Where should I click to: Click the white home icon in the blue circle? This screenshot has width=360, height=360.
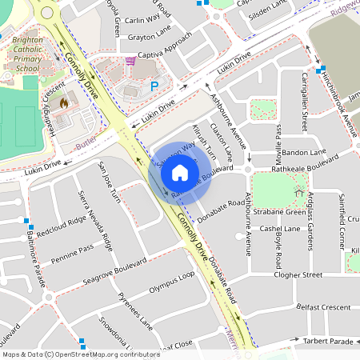pos(180,173)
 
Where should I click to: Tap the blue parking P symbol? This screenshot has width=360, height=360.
pos(155,84)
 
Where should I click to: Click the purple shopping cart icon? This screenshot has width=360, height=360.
pos(130,61)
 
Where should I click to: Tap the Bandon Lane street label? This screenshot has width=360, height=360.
pos(305,152)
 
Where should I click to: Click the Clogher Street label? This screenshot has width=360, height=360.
pos(297,274)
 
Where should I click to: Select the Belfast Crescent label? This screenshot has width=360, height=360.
pos(322,307)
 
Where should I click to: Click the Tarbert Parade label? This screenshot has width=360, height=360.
pos(329,342)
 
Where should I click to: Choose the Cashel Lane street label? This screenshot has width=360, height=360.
pos(281,228)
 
